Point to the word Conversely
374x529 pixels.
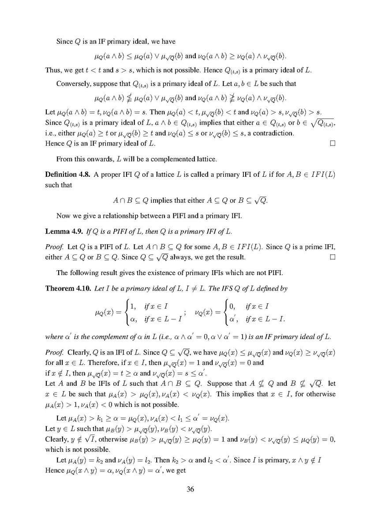[x=72, y=84]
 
